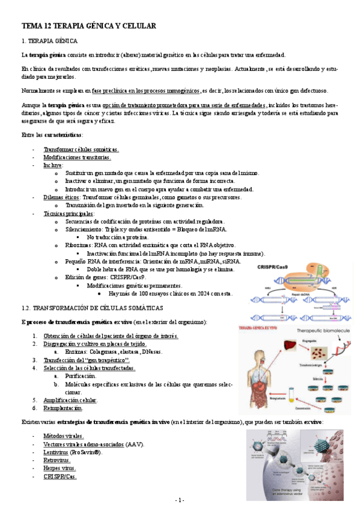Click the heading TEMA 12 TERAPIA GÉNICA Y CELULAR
click(x=89, y=26)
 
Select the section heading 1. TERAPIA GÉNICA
click(x=49, y=41)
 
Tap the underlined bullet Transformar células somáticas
click(x=81, y=149)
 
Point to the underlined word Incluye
click(x=52, y=165)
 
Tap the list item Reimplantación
click(x=63, y=408)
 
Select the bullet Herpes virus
click(x=59, y=468)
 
